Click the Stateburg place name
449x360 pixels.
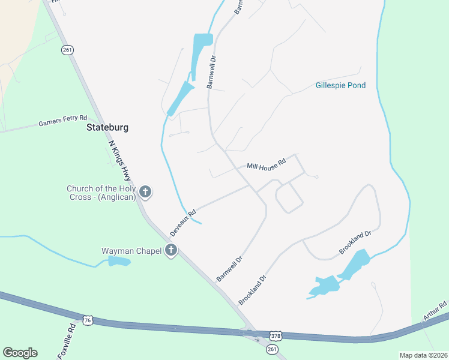pyautogui.click(x=107, y=128)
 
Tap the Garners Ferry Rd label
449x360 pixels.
pyautogui.click(x=63, y=121)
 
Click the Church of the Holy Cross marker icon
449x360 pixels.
pyautogui.click(x=145, y=192)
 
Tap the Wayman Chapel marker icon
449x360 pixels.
pyautogui.click(x=171, y=250)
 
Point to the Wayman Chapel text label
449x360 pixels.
pyautogui.click(x=131, y=251)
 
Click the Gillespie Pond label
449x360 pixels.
pyautogui.click(x=340, y=86)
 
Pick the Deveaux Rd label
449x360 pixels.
pyautogui.click(x=183, y=222)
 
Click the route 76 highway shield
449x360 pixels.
pyautogui.click(x=88, y=320)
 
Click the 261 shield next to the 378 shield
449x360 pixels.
pyautogui.click(x=273, y=349)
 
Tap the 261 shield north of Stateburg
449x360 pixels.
pyautogui.click(x=67, y=50)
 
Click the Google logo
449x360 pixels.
pyautogui.click(x=20, y=353)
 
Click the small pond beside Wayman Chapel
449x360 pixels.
pyautogui.click(x=119, y=261)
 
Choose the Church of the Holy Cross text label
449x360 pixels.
pyautogui.click(x=101, y=193)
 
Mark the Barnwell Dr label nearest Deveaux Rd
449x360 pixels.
pyautogui.click(x=229, y=268)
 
